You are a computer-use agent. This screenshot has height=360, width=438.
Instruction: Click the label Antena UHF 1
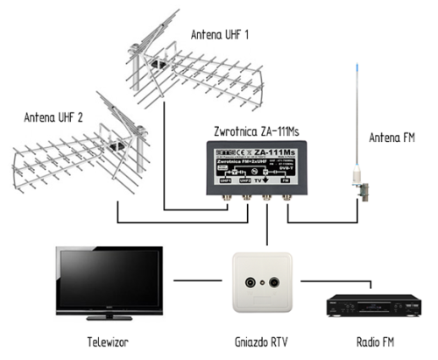click(222, 35)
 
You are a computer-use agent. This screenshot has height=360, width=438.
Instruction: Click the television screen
click(108, 278)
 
